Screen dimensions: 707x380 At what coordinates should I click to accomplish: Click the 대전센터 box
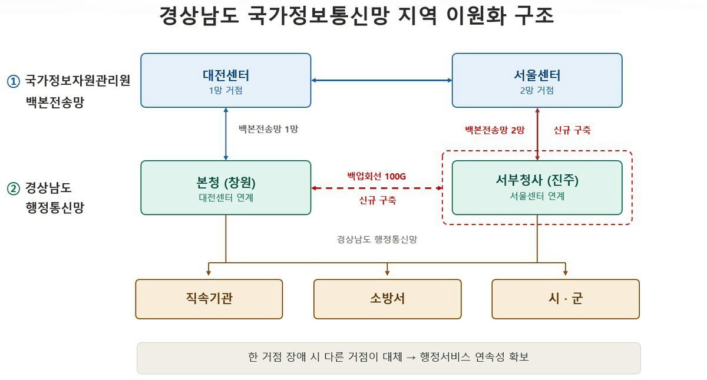point(226,80)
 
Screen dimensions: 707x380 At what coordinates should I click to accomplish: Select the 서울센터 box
point(537,80)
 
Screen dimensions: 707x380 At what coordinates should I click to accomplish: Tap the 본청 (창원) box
point(226,188)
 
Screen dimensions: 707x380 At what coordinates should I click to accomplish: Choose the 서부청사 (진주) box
point(537,188)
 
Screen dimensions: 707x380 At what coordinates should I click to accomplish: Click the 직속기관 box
point(209,299)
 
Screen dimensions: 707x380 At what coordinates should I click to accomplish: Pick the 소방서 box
point(387,299)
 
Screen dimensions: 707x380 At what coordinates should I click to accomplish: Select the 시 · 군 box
point(566,299)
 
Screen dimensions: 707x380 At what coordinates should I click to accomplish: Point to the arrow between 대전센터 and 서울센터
point(382,80)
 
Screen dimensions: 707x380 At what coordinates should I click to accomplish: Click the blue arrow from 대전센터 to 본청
point(226,134)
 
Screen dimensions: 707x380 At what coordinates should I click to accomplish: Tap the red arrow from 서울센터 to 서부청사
point(537,134)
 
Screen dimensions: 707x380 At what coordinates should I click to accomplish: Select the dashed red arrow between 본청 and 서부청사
point(377,188)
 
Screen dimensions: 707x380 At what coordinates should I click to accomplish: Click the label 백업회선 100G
point(376,176)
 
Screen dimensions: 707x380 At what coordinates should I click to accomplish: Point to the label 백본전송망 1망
point(268,129)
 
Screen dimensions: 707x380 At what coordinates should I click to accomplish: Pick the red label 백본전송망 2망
point(494,130)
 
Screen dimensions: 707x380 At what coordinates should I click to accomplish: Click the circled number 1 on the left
point(13,81)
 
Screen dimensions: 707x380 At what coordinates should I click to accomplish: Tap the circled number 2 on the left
point(13,189)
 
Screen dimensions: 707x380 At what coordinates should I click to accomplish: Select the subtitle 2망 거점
point(537,91)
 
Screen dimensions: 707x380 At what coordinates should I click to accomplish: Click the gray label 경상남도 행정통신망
point(377,239)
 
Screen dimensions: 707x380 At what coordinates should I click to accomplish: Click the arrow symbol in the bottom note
point(411,358)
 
